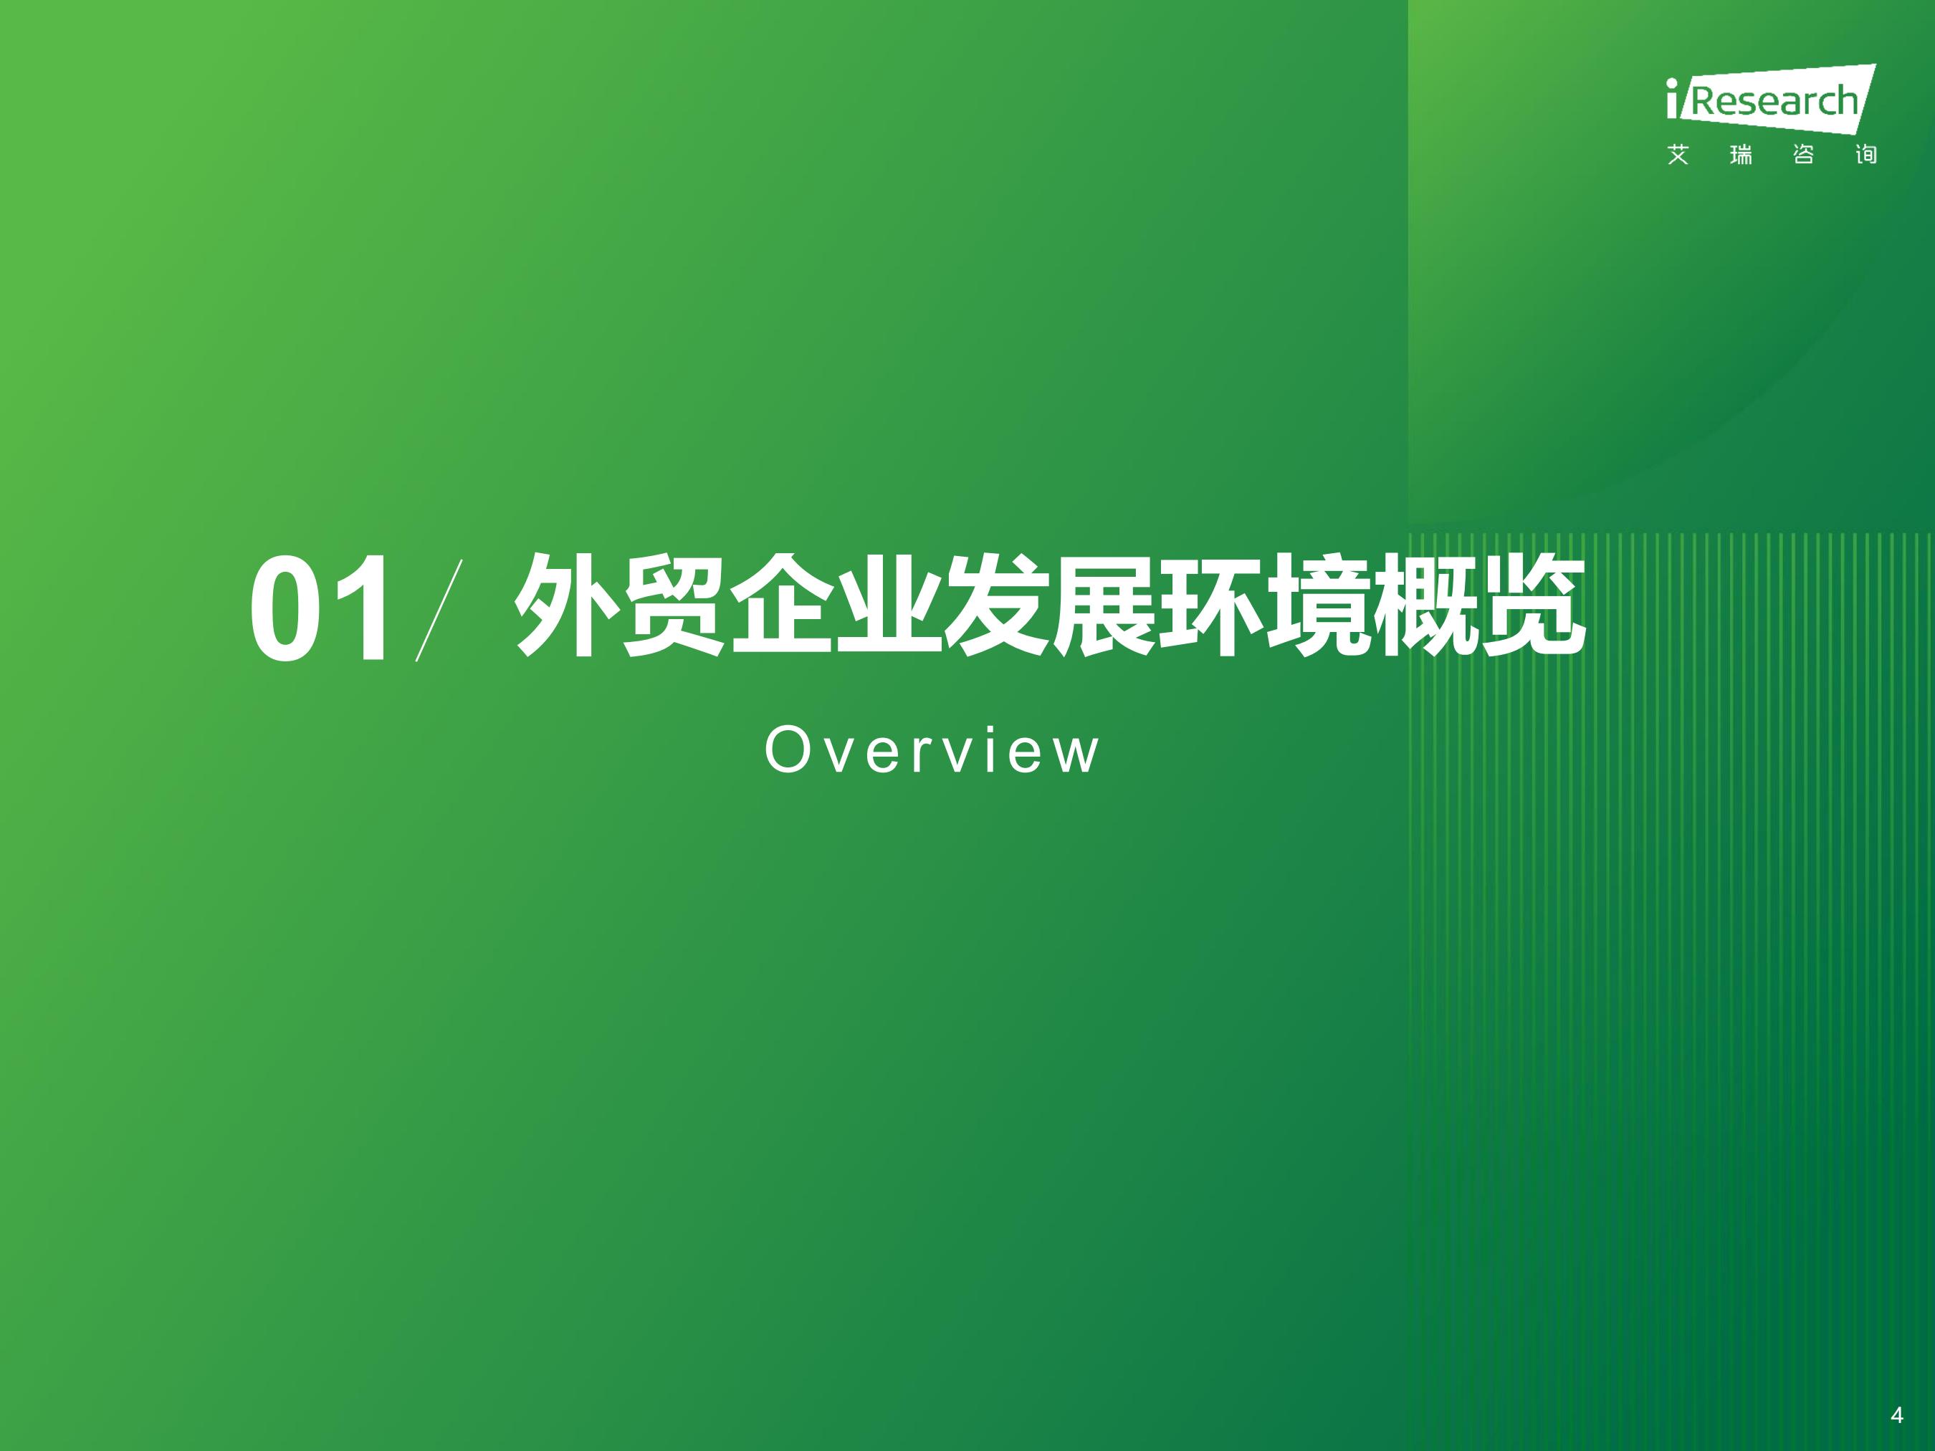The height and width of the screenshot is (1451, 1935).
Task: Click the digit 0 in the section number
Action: click(285, 609)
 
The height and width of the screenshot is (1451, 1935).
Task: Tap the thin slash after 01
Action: click(439, 610)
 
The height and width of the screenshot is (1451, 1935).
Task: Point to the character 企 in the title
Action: click(781, 605)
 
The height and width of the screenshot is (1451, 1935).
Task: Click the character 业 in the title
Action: click(889, 605)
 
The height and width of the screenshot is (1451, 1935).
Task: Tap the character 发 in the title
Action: click(996, 605)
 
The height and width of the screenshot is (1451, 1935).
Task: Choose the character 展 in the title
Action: click(1104, 605)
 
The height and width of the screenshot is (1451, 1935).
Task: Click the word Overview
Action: click(931, 750)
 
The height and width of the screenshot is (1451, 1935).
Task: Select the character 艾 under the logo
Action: click(1678, 155)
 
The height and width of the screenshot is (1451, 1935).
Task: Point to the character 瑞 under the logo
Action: click(1741, 155)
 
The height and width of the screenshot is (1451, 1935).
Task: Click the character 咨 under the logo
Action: click(1803, 155)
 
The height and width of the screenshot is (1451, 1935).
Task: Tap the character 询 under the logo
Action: click(1866, 155)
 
